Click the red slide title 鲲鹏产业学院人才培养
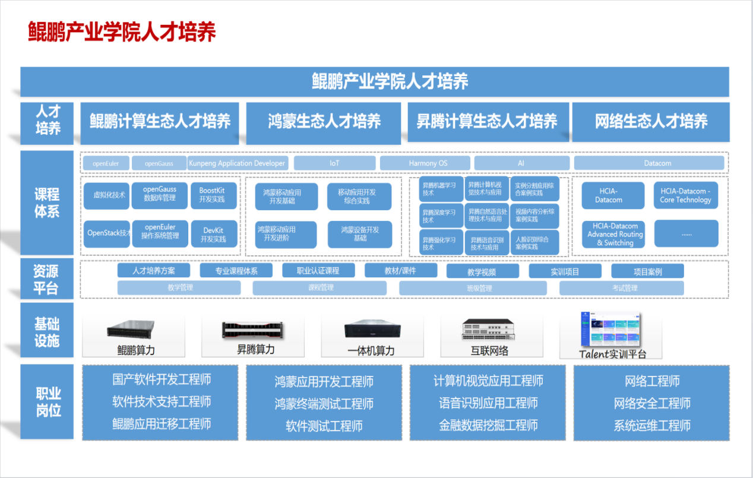tap(122, 32)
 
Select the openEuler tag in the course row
tap(106, 163)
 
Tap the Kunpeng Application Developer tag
tap(238, 163)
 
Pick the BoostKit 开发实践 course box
tap(213, 195)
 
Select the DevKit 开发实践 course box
tap(213, 235)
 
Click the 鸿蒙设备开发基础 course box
tap(360, 234)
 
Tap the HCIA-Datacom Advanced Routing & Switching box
tap(615, 234)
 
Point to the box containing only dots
tap(686, 234)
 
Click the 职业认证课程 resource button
tap(318, 271)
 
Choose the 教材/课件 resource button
tap(401, 271)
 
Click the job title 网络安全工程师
tap(652, 404)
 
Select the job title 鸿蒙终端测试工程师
tap(324, 404)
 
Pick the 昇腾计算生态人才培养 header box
tap(487, 122)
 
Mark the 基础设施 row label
tap(47, 333)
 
